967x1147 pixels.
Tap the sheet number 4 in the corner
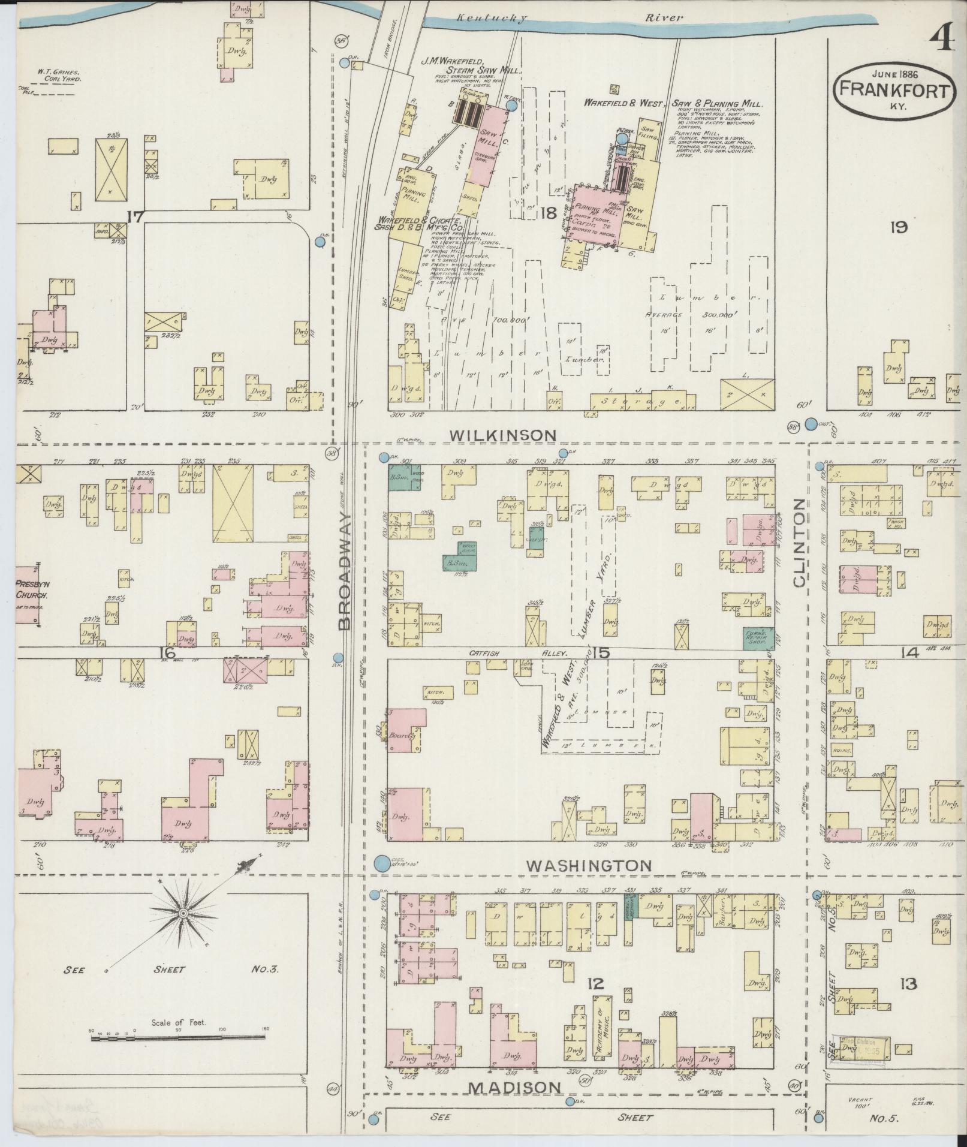[942, 42]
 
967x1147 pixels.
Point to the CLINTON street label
[800, 544]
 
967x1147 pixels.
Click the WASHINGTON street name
[589, 865]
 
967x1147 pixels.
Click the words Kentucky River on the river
[570, 18]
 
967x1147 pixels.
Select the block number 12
[595, 983]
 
